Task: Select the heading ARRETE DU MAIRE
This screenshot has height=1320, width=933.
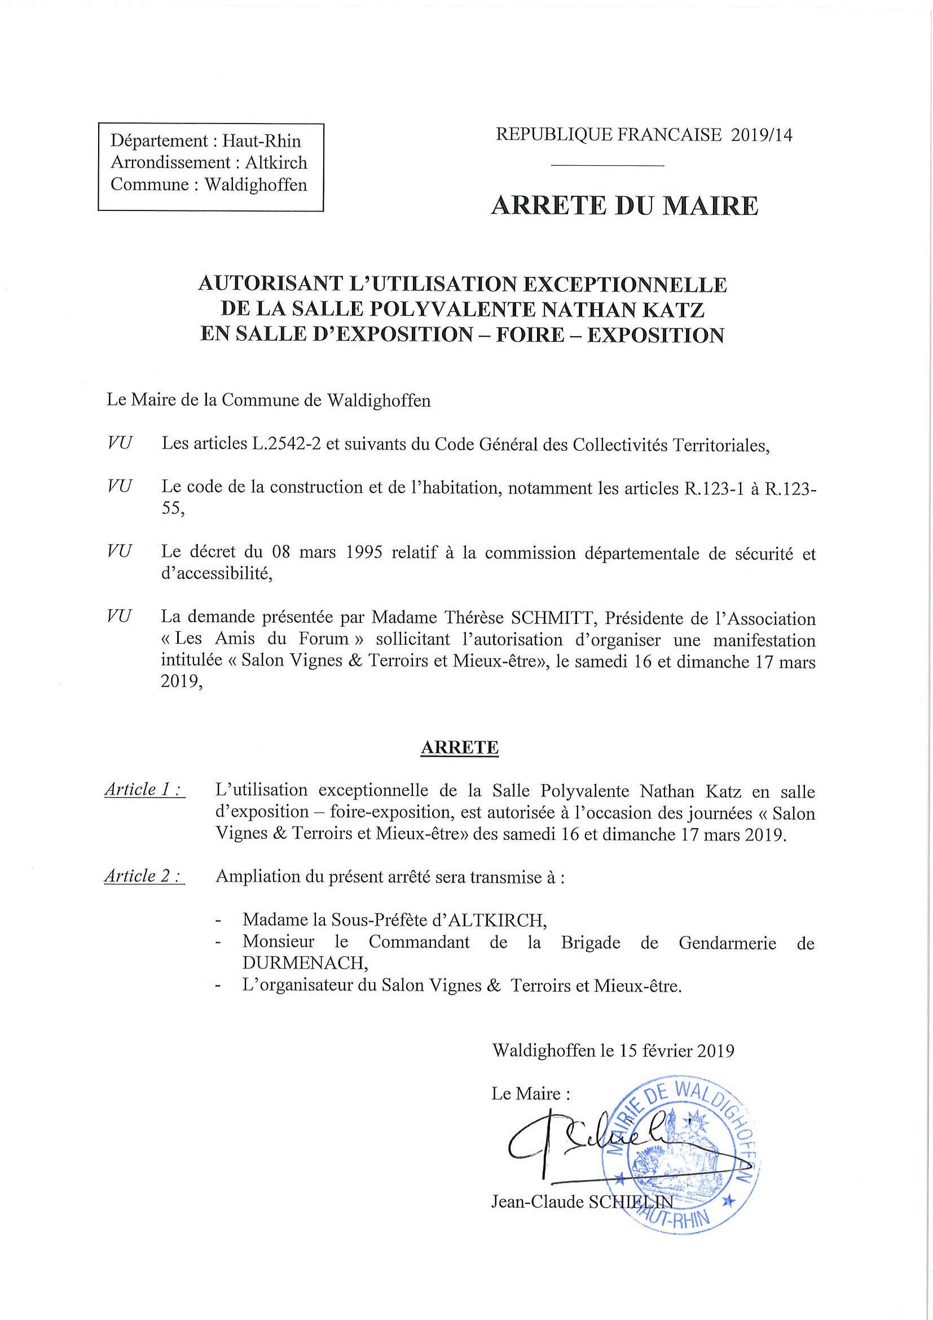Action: click(x=624, y=206)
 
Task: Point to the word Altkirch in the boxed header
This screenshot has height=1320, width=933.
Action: click(x=276, y=162)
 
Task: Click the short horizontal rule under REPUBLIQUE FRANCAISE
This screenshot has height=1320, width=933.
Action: click(x=607, y=167)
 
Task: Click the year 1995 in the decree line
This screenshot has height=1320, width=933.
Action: click(x=364, y=553)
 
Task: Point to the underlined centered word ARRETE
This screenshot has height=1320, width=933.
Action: click(x=459, y=747)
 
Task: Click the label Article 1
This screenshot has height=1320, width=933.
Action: click(x=144, y=790)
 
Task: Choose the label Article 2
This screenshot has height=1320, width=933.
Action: click(x=144, y=876)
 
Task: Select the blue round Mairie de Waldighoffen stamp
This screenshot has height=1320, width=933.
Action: click(x=684, y=1156)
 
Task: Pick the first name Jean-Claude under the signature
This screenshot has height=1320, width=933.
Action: click(x=537, y=1202)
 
